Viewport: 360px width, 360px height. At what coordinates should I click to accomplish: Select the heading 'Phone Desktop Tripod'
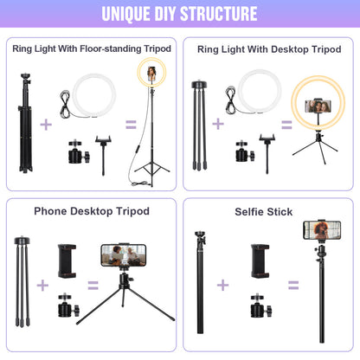click(x=92, y=210)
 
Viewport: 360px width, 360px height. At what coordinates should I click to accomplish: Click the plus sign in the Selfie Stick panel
click(x=222, y=284)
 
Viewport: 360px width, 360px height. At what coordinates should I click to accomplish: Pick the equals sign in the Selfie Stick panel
click(x=293, y=284)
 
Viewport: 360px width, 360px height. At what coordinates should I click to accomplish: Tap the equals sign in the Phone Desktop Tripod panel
click(x=93, y=284)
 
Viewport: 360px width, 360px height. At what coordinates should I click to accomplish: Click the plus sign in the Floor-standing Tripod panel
click(x=45, y=124)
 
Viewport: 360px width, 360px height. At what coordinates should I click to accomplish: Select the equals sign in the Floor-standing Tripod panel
click(x=131, y=124)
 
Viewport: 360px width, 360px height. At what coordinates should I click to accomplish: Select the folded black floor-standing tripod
click(x=25, y=130)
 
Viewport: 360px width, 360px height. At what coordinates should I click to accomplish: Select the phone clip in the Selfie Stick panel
click(x=257, y=259)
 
